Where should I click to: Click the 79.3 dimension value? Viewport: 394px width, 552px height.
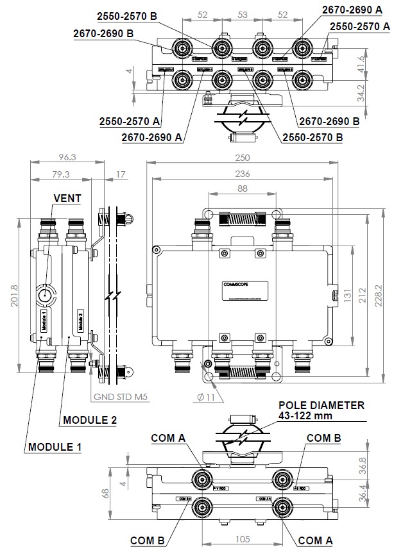click(x=62, y=174)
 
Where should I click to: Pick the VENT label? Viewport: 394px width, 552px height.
click(x=67, y=198)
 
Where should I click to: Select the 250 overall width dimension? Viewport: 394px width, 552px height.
click(x=243, y=157)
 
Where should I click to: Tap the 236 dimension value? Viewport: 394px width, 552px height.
click(x=243, y=173)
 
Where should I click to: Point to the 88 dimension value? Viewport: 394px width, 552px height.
click(x=242, y=188)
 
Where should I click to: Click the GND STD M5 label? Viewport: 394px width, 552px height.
click(x=121, y=397)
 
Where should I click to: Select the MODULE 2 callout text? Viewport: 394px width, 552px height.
click(x=89, y=421)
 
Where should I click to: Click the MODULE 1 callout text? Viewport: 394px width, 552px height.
click(x=54, y=446)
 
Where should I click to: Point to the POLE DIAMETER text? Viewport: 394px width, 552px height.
click(x=321, y=405)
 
